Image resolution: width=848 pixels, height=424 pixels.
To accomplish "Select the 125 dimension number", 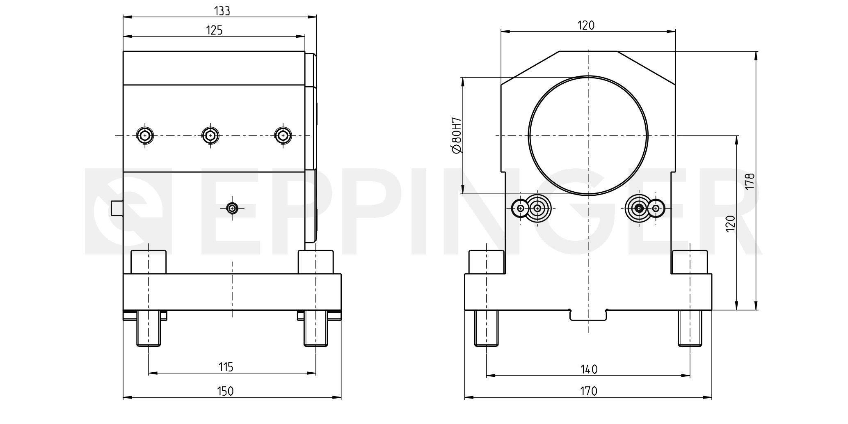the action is [214, 30].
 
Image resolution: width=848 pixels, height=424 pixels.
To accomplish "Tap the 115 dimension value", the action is [226, 367].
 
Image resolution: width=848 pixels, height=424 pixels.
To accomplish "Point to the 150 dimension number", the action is [225, 391].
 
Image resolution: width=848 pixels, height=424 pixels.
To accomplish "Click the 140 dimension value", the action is [589, 369].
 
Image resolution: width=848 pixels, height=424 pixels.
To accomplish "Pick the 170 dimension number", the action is [589, 392].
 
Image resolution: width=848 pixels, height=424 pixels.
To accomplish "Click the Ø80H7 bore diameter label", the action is [456, 135].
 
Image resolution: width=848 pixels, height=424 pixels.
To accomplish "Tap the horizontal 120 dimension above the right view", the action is [586, 25].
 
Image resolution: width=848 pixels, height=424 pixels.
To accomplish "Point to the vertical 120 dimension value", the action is [730, 224].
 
